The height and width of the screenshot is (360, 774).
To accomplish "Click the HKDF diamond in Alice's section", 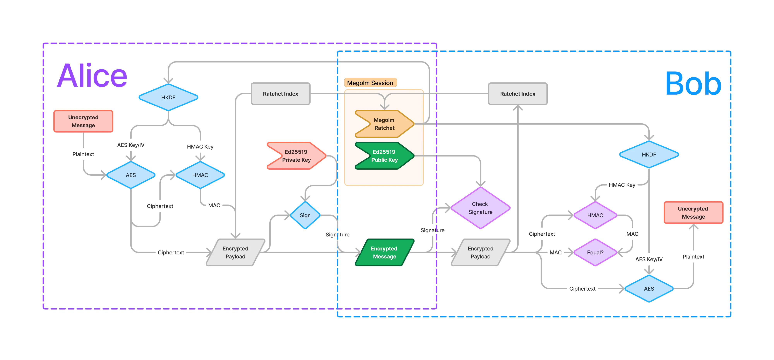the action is tap(168, 97).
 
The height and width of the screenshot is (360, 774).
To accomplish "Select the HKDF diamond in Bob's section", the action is tap(649, 154).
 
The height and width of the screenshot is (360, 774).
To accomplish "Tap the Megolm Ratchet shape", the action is tap(385, 124).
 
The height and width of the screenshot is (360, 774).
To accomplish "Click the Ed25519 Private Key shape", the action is tap(297, 156).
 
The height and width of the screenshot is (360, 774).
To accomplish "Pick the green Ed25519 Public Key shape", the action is tap(385, 156).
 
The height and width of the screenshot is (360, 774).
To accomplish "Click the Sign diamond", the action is tap(305, 215).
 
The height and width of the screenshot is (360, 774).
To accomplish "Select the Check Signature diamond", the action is tap(480, 208).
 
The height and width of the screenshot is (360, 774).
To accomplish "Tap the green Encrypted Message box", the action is tap(385, 252).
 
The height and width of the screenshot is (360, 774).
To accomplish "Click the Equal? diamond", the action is tap(595, 252).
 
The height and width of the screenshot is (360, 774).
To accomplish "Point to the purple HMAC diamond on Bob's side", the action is tap(595, 215).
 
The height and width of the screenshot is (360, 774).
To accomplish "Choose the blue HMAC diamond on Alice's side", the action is tap(200, 175).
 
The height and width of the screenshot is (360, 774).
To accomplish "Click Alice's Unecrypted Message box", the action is tap(83, 121).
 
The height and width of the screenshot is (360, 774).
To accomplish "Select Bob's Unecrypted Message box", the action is tap(694, 212).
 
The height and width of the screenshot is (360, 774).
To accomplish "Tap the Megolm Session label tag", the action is tap(370, 83).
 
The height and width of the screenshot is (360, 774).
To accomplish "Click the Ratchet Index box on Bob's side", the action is tap(518, 94).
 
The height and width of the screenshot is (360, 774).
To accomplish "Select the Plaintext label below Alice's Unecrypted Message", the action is tap(83, 154).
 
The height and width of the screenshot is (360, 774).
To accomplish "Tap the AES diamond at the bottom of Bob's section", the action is tap(649, 288).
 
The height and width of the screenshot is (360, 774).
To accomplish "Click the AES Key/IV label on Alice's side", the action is tap(131, 145).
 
